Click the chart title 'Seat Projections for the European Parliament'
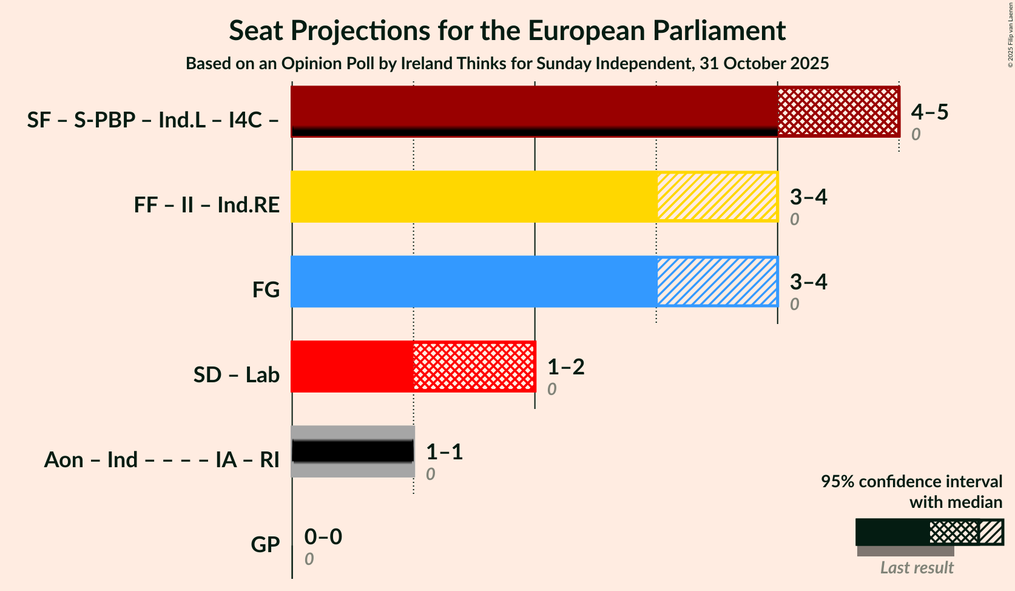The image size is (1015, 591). (x=507, y=31)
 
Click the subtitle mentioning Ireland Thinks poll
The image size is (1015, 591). (x=507, y=64)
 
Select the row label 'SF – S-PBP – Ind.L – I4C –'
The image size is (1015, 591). (x=153, y=120)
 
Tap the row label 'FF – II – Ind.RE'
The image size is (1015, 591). (x=207, y=205)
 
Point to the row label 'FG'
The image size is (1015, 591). (x=266, y=290)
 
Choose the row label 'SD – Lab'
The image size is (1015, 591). (x=237, y=375)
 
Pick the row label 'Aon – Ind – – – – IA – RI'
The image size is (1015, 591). (x=161, y=460)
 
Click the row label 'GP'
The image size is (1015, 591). (x=265, y=545)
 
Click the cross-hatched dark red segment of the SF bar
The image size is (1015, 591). (x=838, y=111)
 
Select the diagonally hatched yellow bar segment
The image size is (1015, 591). (x=717, y=197)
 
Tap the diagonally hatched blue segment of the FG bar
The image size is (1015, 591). (x=717, y=282)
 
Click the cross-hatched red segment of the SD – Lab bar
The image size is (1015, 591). (x=474, y=366)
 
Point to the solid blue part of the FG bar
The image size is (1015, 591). (x=474, y=282)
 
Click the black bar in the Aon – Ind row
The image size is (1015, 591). (x=352, y=451)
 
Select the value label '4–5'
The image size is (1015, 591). (x=929, y=112)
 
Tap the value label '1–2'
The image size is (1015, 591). (x=565, y=367)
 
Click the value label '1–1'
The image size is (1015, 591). (x=444, y=452)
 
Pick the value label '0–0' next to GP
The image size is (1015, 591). (x=323, y=537)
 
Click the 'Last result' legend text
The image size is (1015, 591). (x=917, y=568)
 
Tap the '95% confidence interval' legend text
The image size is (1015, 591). (x=911, y=482)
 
